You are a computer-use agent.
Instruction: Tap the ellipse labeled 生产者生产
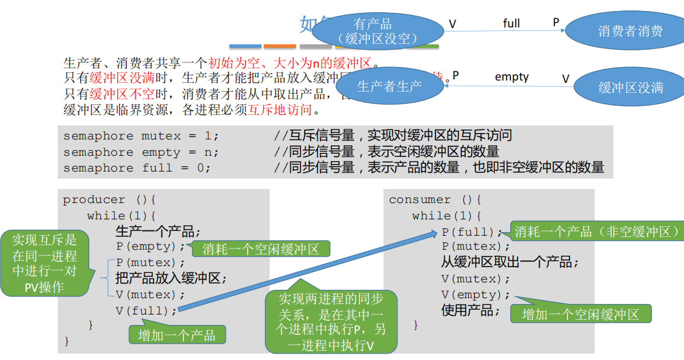pyautogui.click(x=389, y=86)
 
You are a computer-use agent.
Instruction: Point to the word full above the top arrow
pyautogui.click(x=511, y=23)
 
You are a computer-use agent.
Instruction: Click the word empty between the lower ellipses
pyautogui.click(x=511, y=76)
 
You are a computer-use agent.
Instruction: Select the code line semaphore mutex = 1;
pyautogui.click(x=141, y=136)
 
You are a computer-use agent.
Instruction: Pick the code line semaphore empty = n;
pyautogui.click(x=141, y=152)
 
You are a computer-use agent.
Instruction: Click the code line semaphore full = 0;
pyautogui.click(x=137, y=168)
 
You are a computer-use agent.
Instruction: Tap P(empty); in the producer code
pyautogui.click(x=150, y=247)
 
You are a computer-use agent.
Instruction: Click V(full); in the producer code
pyautogui.click(x=146, y=310)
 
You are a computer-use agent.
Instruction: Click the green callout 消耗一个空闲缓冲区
pyautogui.click(x=260, y=249)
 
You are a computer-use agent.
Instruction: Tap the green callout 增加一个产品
pyautogui.click(x=177, y=335)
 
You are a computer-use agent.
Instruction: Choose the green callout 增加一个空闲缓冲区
pyautogui.click(x=580, y=314)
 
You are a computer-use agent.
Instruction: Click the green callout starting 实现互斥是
pyautogui.click(x=44, y=264)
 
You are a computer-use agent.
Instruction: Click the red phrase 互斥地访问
pyautogui.click(x=280, y=109)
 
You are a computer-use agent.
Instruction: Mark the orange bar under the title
pyautogui.click(x=280, y=46)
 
